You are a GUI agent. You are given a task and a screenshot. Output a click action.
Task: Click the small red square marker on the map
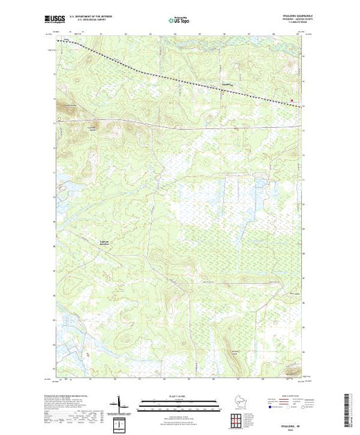click(291, 100)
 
